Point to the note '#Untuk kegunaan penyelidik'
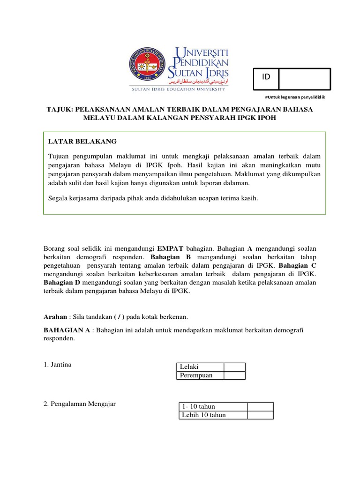click(295, 97)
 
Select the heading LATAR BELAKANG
click(82, 141)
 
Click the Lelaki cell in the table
click(200, 367)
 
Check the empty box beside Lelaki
click(234, 367)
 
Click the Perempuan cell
click(200, 375)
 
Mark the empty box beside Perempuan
click(234, 375)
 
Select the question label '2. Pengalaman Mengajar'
click(80, 404)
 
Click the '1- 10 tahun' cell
click(213, 406)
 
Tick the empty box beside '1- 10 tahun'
click(260, 406)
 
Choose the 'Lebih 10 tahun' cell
click(213, 415)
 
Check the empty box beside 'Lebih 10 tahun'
click(260, 415)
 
